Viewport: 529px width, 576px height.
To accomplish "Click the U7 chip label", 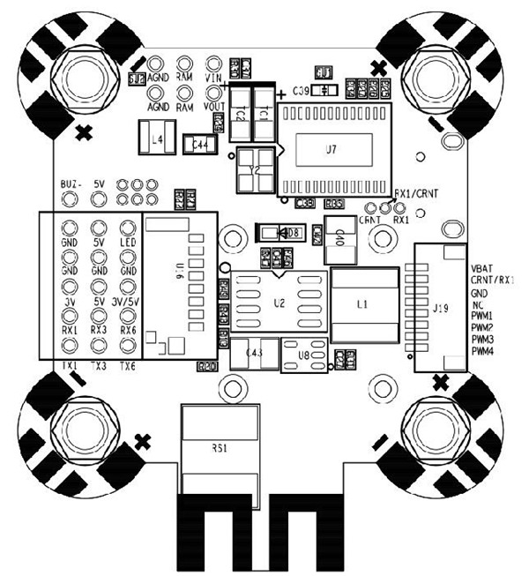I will click(331, 150).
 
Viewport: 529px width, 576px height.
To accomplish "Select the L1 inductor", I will click(361, 303).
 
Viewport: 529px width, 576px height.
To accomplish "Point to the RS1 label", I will click(219, 448).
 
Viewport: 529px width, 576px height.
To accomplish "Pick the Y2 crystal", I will click(255, 169).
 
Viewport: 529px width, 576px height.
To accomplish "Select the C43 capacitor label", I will click(254, 353).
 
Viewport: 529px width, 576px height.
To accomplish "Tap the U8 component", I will click(303, 355).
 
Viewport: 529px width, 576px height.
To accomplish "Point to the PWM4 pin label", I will click(482, 351).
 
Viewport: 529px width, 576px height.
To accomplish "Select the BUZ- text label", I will click(71, 184).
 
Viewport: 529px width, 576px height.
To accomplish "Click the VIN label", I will click(212, 78).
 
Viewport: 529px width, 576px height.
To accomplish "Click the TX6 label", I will click(128, 364).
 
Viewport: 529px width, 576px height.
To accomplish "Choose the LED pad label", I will click(128, 242).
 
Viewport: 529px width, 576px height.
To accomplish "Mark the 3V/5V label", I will click(129, 301).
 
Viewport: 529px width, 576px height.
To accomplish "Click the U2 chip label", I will click(279, 303).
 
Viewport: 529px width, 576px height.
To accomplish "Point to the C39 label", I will click(301, 91).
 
